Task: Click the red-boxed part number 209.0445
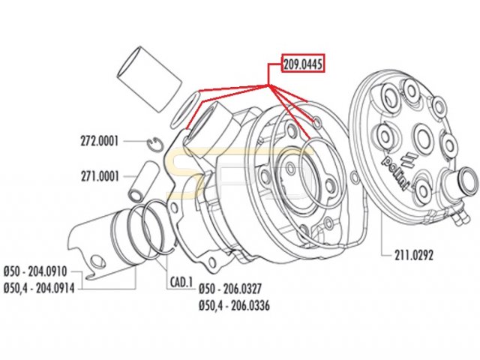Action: pyautogui.click(x=302, y=64)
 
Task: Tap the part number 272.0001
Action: pyautogui.click(x=101, y=140)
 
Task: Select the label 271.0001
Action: pyautogui.click(x=101, y=178)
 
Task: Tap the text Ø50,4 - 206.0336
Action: pyautogui.click(x=234, y=305)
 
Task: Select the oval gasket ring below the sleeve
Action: pyautogui.click(x=185, y=108)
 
